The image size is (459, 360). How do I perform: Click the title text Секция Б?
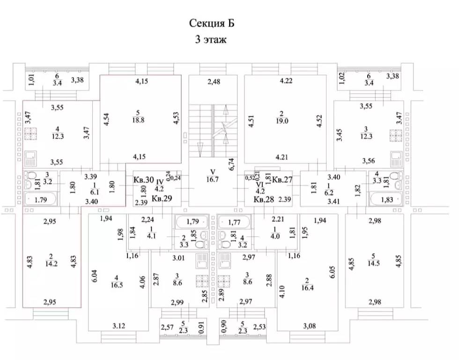point(212,23)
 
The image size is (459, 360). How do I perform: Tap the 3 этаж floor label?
point(211,39)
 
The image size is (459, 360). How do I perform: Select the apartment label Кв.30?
point(144,180)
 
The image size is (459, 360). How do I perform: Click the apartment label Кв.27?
point(282,179)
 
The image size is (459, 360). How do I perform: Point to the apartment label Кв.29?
point(162,198)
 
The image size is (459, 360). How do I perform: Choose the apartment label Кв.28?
point(264,199)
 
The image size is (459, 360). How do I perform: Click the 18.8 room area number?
point(138,120)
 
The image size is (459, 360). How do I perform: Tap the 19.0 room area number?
point(282,121)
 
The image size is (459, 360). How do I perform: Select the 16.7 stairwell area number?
point(212,179)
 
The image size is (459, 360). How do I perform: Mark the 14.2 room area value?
point(52,263)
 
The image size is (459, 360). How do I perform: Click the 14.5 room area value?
point(374,263)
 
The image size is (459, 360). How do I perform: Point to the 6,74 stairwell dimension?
point(231,165)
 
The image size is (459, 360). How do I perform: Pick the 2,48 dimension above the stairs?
point(214,82)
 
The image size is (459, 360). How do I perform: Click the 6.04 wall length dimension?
point(95,276)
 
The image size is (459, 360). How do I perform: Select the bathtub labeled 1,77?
point(235,222)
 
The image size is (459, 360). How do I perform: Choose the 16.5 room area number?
point(117,285)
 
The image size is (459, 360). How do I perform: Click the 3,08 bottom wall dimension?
point(310,326)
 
